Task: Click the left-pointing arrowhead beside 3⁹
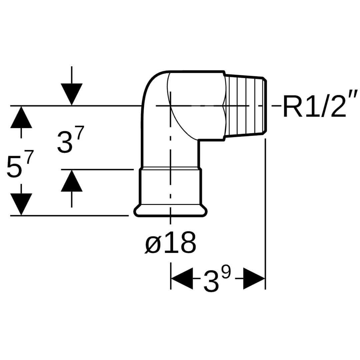182,278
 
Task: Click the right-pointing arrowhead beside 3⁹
254,278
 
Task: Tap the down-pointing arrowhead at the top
72,94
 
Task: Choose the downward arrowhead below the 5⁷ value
21,204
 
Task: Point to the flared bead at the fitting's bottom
171,211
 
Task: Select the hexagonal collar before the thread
224,106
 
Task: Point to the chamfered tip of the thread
266,106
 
